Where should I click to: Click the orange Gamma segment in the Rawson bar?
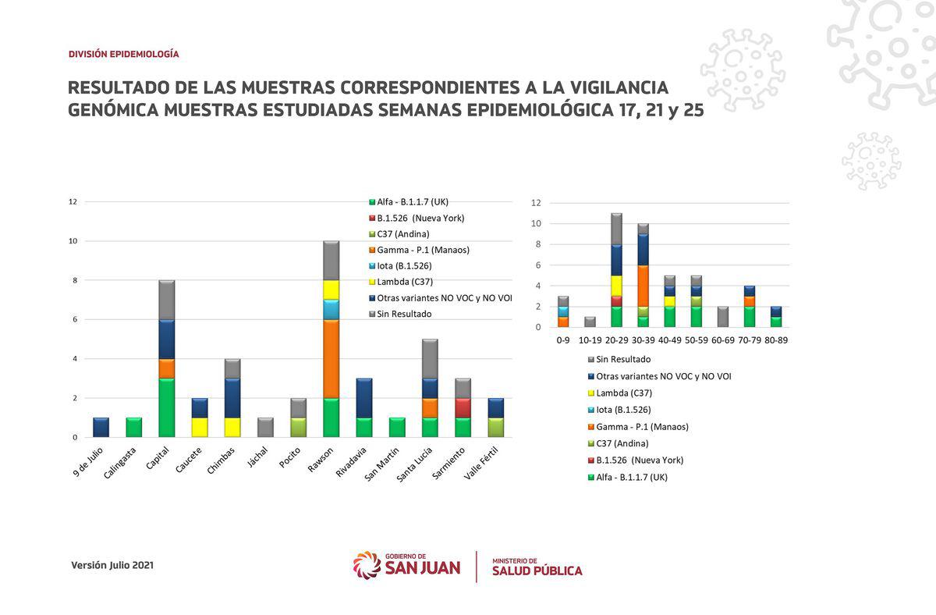pyautogui.click(x=331, y=359)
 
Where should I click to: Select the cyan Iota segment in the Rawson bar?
pyautogui.click(x=331, y=310)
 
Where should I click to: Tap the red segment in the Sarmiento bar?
pyautogui.click(x=463, y=407)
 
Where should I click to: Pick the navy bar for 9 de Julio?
pyautogui.click(x=101, y=427)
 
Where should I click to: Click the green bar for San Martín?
pyautogui.click(x=397, y=427)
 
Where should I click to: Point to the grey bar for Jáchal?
pyautogui.click(x=265, y=427)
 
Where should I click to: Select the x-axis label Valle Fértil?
pyautogui.click(x=481, y=463)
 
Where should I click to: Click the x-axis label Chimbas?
pyautogui.click(x=221, y=460)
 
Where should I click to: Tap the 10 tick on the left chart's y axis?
pyautogui.click(x=73, y=241)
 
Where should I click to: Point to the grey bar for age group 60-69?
pyautogui.click(x=722, y=317)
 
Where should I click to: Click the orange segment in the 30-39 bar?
pyautogui.click(x=643, y=286)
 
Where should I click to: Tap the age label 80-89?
pyautogui.click(x=776, y=340)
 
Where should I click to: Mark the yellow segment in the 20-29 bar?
pyautogui.click(x=616, y=286)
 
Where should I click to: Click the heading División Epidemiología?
pyautogui.click(x=124, y=54)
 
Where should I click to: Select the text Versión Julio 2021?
pyautogui.click(x=112, y=565)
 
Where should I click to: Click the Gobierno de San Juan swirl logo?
pyautogui.click(x=367, y=565)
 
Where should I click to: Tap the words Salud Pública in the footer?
pyautogui.click(x=537, y=571)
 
